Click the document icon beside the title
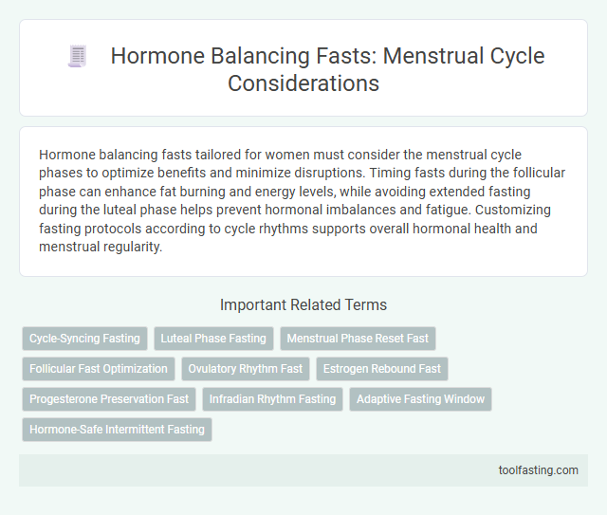point(78,57)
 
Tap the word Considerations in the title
point(303,83)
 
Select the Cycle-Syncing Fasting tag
point(84,339)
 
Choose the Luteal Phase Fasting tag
point(213,339)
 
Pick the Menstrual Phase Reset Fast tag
point(358,339)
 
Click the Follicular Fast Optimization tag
point(98,369)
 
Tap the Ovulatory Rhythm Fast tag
point(246,369)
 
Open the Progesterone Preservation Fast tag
point(109,399)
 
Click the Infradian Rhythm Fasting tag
point(272,399)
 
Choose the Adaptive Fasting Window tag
point(420,399)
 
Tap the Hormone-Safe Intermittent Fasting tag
point(117,430)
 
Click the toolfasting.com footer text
point(540,469)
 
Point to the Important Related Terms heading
point(303,305)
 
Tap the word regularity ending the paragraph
point(138,248)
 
